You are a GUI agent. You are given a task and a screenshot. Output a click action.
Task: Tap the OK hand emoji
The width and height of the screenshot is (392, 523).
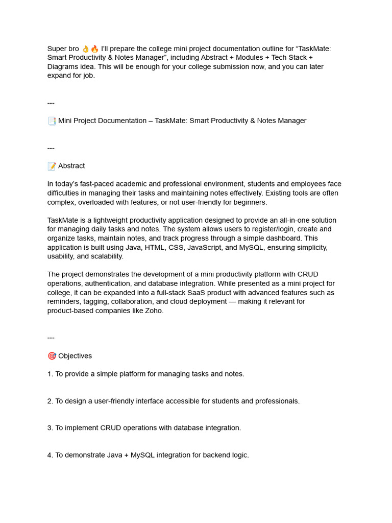tap(85, 49)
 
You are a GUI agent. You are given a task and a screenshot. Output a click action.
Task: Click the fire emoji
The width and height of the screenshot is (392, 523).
tap(94, 49)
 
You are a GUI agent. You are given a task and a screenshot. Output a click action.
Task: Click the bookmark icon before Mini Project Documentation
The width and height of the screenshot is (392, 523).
tap(52, 121)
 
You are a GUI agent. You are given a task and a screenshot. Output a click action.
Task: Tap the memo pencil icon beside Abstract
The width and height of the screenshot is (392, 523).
tap(52, 166)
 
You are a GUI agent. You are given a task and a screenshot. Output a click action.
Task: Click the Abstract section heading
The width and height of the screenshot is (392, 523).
tap(71, 166)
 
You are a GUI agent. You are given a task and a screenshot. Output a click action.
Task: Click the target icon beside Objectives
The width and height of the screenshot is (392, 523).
tap(52, 356)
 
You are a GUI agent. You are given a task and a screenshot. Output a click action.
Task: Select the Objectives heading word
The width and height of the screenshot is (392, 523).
tap(75, 356)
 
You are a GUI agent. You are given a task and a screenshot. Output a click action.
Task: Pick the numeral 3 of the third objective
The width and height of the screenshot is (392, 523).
tap(50, 428)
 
